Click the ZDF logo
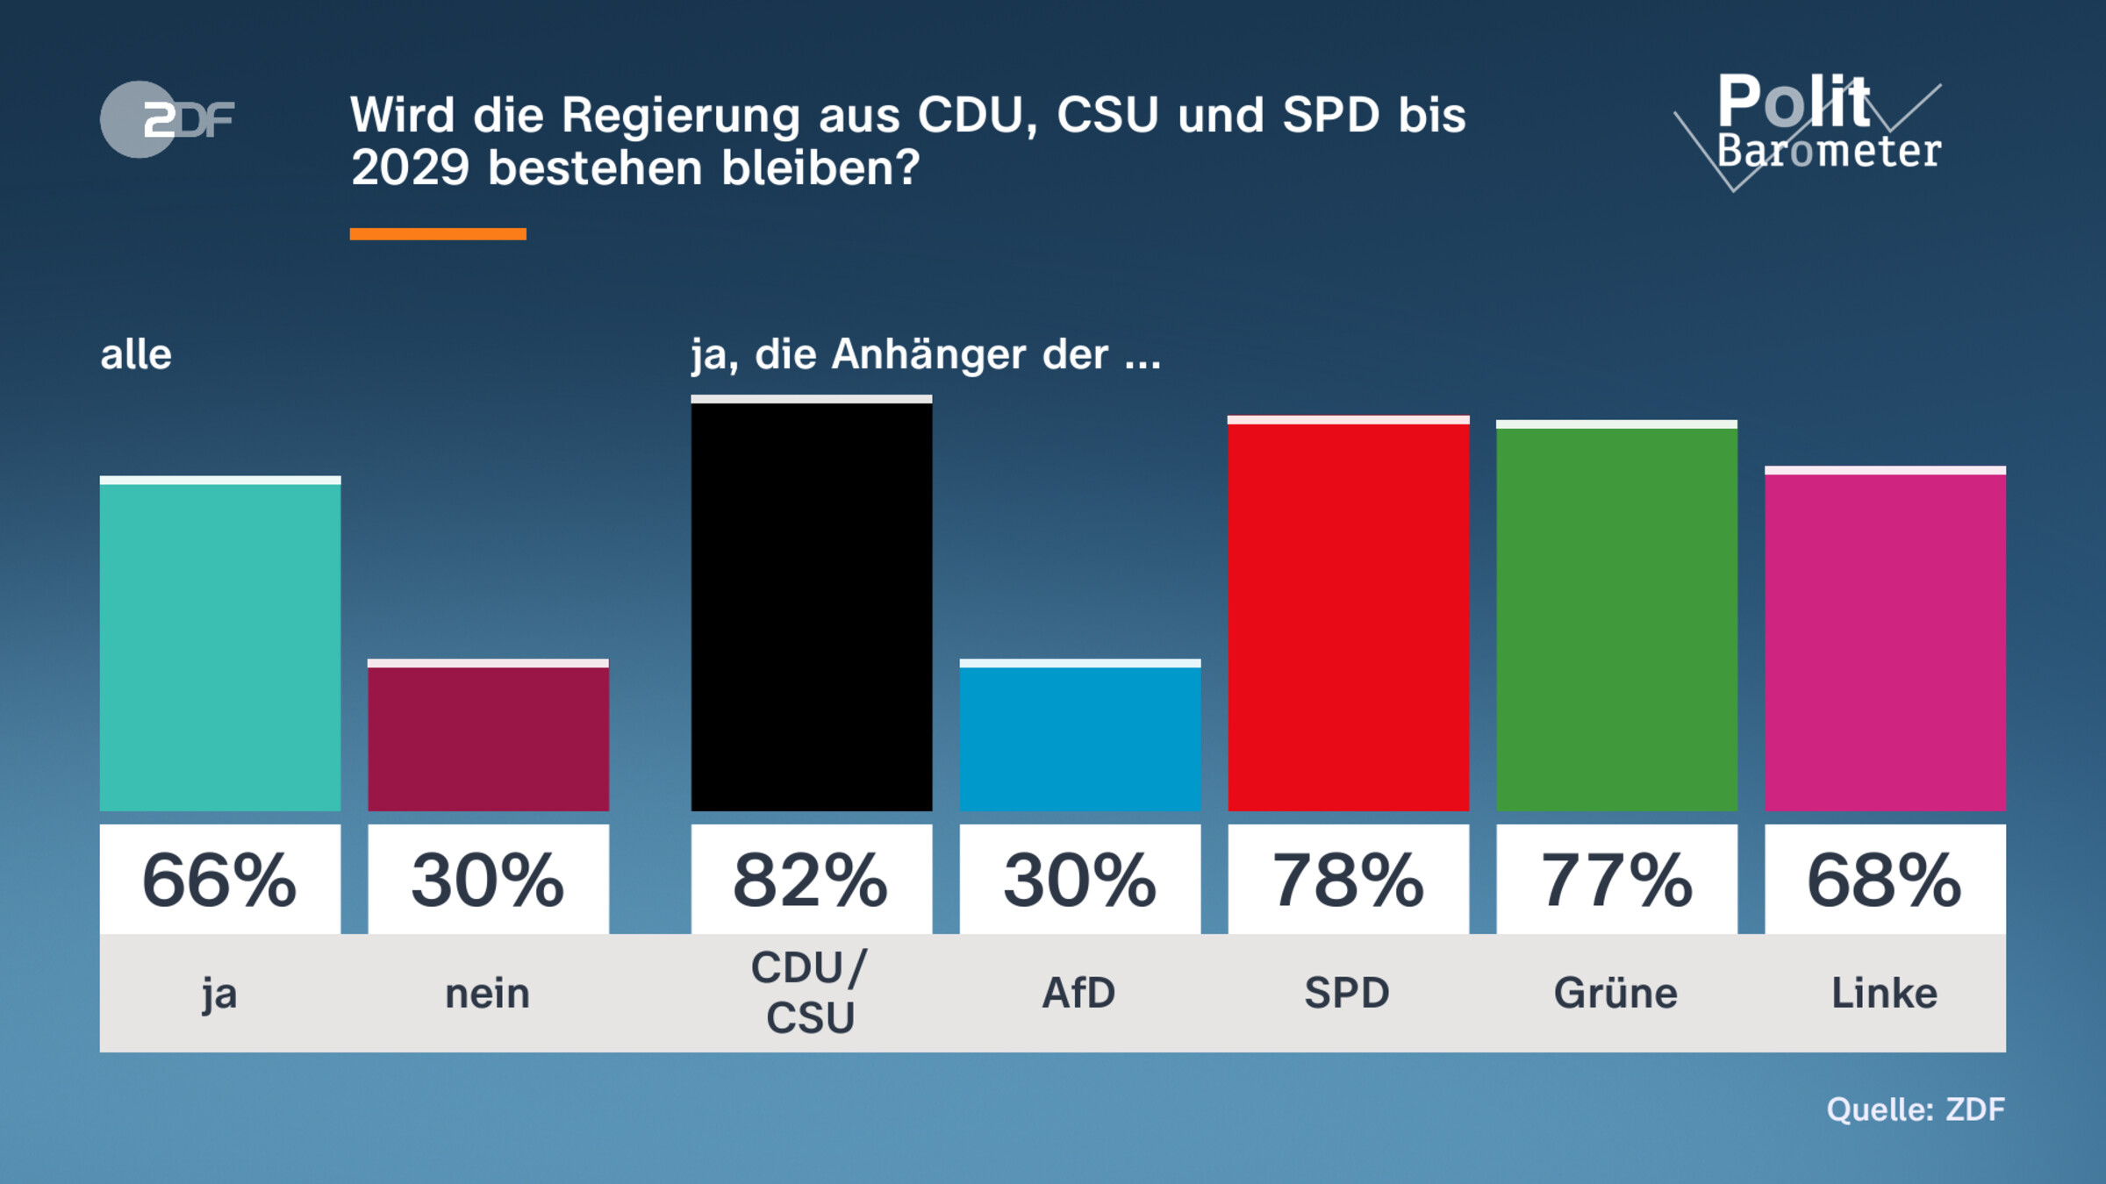point(167,119)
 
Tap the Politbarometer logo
point(1816,127)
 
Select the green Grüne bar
point(1616,618)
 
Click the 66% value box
point(219,880)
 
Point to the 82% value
point(811,880)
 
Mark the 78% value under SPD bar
point(1348,880)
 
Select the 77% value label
point(1616,880)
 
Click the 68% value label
point(1885,880)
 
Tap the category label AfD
point(1079,994)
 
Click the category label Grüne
point(1616,994)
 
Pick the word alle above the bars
point(136,355)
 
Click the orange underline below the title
point(438,234)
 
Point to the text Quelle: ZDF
point(1916,1109)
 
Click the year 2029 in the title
point(410,168)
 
